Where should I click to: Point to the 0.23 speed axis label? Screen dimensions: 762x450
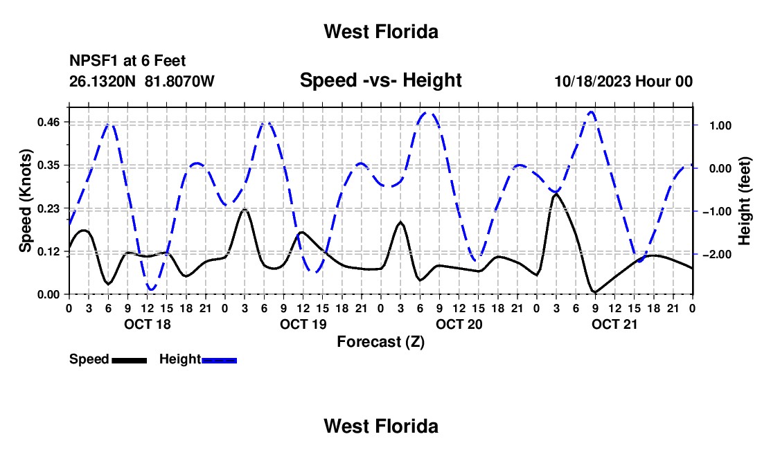pos(48,208)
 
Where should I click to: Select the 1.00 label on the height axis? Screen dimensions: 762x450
pos(720,126)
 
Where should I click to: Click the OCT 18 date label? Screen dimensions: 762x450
pos(148,324)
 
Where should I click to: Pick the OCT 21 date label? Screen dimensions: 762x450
pos(614,324)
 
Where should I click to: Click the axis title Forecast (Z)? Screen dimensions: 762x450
pos(381,342)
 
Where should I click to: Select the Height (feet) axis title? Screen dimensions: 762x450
pos(745,201)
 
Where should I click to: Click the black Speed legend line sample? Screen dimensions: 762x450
pos(130,360)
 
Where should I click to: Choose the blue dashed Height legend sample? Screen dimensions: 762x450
pos(219,360)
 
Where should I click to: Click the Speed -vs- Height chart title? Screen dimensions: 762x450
pos(381,80)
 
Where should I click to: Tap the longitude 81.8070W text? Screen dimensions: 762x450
pos(179,81)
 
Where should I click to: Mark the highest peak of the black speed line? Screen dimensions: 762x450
pos(556,194)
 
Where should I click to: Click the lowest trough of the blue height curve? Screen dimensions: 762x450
pos(151,290)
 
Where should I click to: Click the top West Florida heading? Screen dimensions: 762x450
pos(381,32)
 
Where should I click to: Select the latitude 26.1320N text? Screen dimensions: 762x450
pos(103,81)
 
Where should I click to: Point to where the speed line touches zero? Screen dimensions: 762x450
pos(594,293)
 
